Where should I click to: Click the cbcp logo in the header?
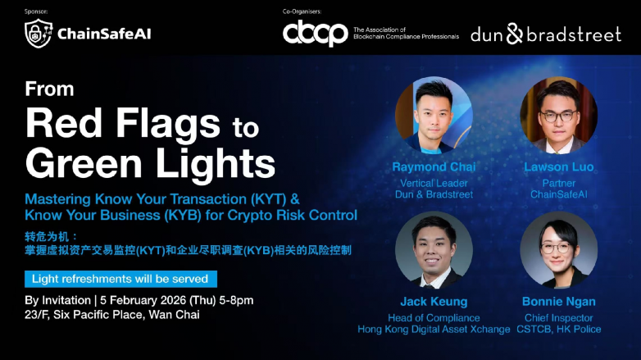(x=315, y=34)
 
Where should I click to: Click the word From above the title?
(x=49, y=89)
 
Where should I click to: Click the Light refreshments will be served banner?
(x=120, y=279)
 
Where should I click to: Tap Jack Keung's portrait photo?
(x=434, y=249)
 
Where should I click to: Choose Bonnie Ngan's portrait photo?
(x=558, y=249)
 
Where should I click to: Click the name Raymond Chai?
(x=434, y=167)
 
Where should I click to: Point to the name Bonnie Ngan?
(x=558, y=302)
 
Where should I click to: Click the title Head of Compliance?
(x=434, y=317)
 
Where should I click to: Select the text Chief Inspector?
(x=558, y=317)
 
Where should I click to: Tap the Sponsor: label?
(x=38, y=11)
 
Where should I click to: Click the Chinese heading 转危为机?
(x=46, y=236)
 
